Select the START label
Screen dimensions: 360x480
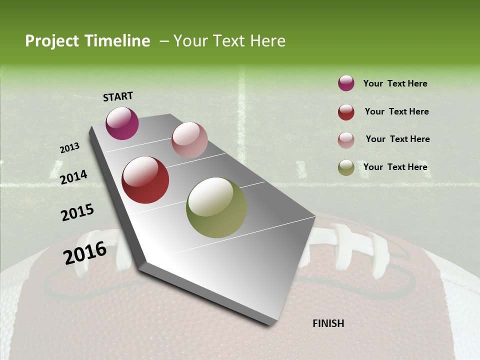pos(118,96)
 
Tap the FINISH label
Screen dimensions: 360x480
pos(328,323)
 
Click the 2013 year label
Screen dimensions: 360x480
pos(69,148)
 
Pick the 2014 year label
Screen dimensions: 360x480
pos(73,177)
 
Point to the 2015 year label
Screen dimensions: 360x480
pos(77,212)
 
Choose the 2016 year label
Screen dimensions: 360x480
pos(85,253)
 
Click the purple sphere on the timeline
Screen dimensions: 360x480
pos(122,123)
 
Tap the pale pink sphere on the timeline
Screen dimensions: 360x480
pos(189,140)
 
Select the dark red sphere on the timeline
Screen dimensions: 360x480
pos(145,180)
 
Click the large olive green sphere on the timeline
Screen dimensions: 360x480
pos(216,207)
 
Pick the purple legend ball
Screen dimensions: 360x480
pos(346,83)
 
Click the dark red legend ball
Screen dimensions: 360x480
pos(346,112)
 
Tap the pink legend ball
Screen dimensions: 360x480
pos(346,140)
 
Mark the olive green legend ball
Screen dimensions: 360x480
pos(346,167)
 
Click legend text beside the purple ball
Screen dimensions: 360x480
pos(395,84)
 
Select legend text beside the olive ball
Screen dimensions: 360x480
pos(395,167)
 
